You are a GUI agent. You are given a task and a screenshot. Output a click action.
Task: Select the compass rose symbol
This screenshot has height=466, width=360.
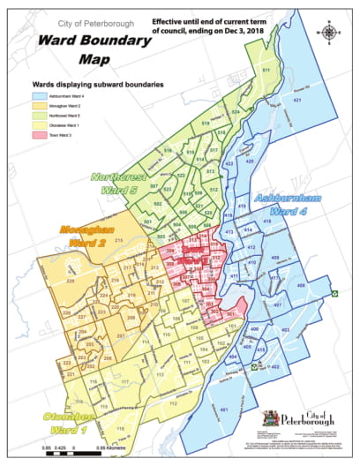pyautogui.click(x=330, y=33)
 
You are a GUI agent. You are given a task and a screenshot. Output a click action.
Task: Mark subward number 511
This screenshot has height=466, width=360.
pyautogui.click(x=265, y=71)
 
